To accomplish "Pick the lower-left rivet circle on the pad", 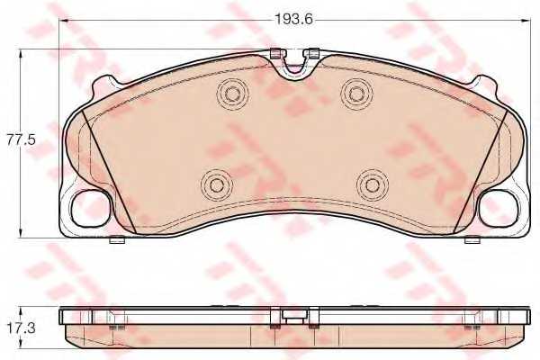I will coord(216,185).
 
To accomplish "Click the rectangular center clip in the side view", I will coord(292,316).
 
